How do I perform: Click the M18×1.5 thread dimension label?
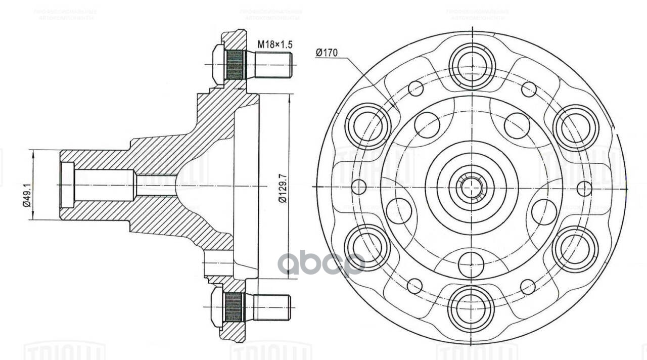[x=275, y=44]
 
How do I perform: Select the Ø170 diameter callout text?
[x=327, y=53]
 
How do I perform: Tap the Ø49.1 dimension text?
[x=27, y=185]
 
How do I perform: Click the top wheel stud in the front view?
[x=471, y=66]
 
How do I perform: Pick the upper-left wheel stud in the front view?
[x=368, y=126]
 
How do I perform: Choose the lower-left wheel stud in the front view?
[x=367, y=247]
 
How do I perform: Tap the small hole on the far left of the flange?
[x=358, y=187]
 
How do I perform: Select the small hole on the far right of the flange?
[x=584, y=189]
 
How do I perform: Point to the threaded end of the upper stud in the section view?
[x=273, y=65]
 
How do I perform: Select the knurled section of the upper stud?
[x=234, y=65]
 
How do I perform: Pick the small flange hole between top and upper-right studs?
[x=529, y=89]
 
